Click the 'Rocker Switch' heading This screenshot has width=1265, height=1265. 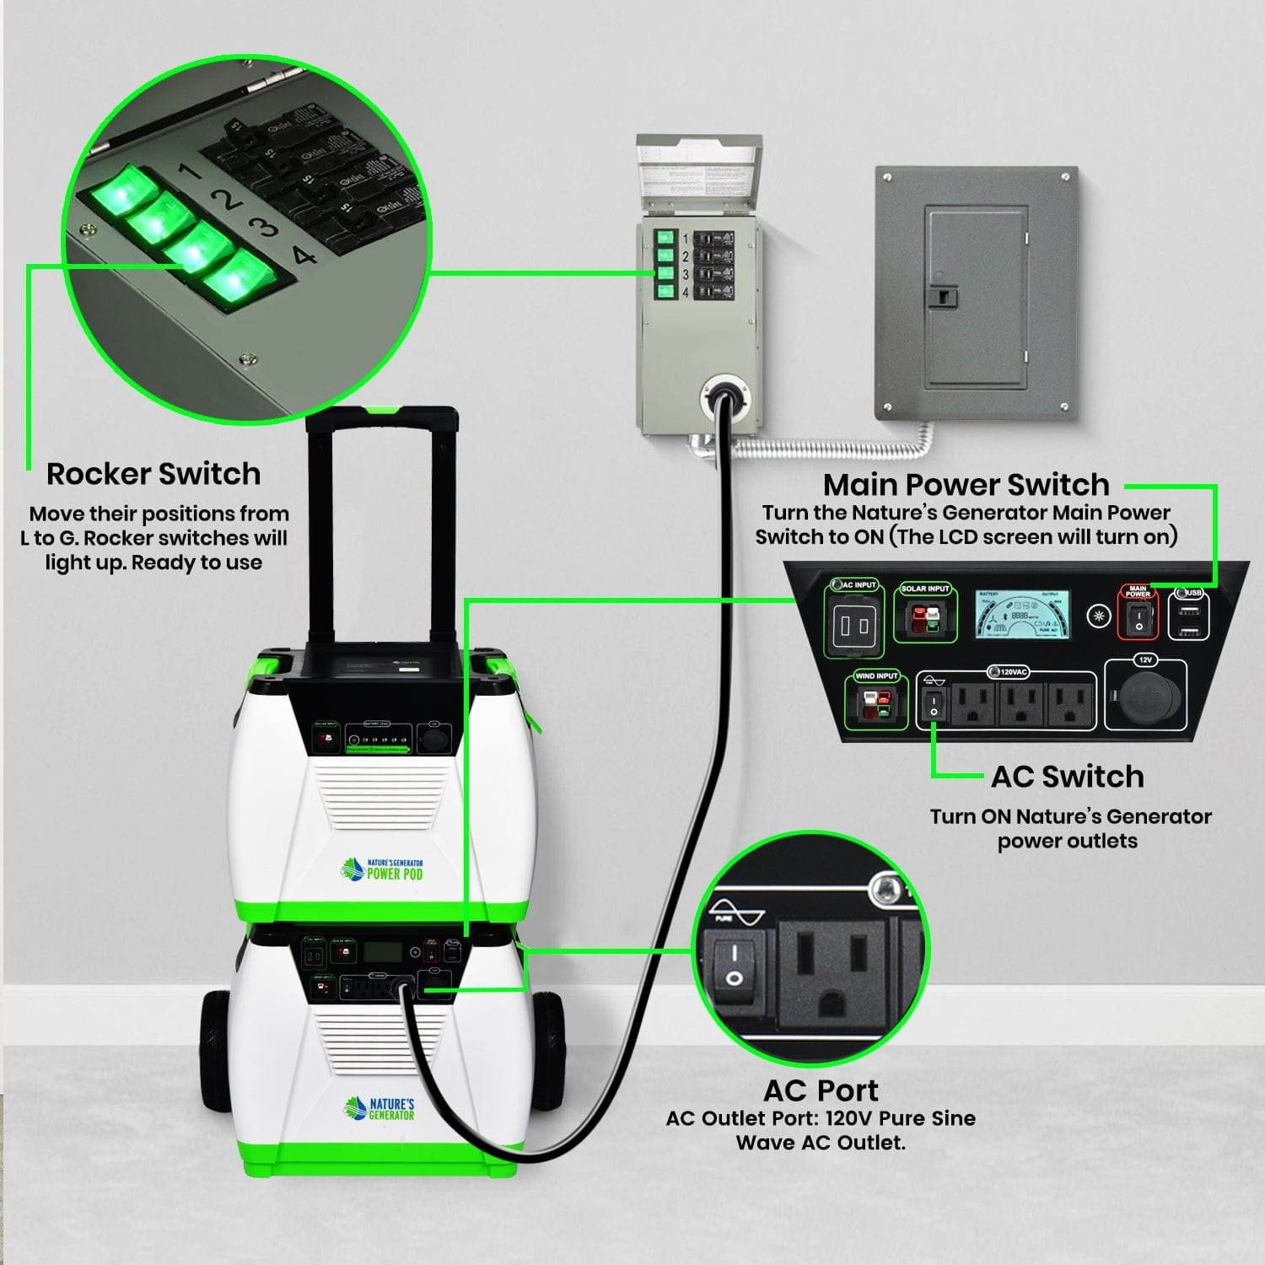[x=153, y=474]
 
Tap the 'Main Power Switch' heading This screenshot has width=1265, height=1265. [x=966, y=485]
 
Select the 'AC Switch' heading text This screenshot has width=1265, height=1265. [x=1067, y=776]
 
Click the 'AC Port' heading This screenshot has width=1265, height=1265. [x=821, y=1090]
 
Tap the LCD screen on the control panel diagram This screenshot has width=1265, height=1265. [x=1024, y=614]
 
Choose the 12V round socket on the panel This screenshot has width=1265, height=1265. [x=1144, y=699]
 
